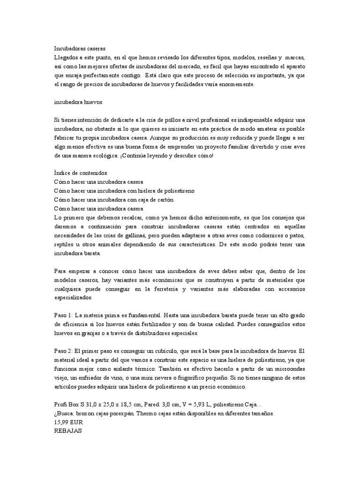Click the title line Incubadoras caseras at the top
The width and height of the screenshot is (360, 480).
click(x=80, y=48)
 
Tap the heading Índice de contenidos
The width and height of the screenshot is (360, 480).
click(x=81, y=173)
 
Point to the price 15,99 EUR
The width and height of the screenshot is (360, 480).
click(x=69, y=423)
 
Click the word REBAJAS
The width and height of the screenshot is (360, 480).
click(x=68, y=431)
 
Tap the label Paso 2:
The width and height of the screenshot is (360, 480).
click(x=63, y=351)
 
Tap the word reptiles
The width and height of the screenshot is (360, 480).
click(x=64, y=244)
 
